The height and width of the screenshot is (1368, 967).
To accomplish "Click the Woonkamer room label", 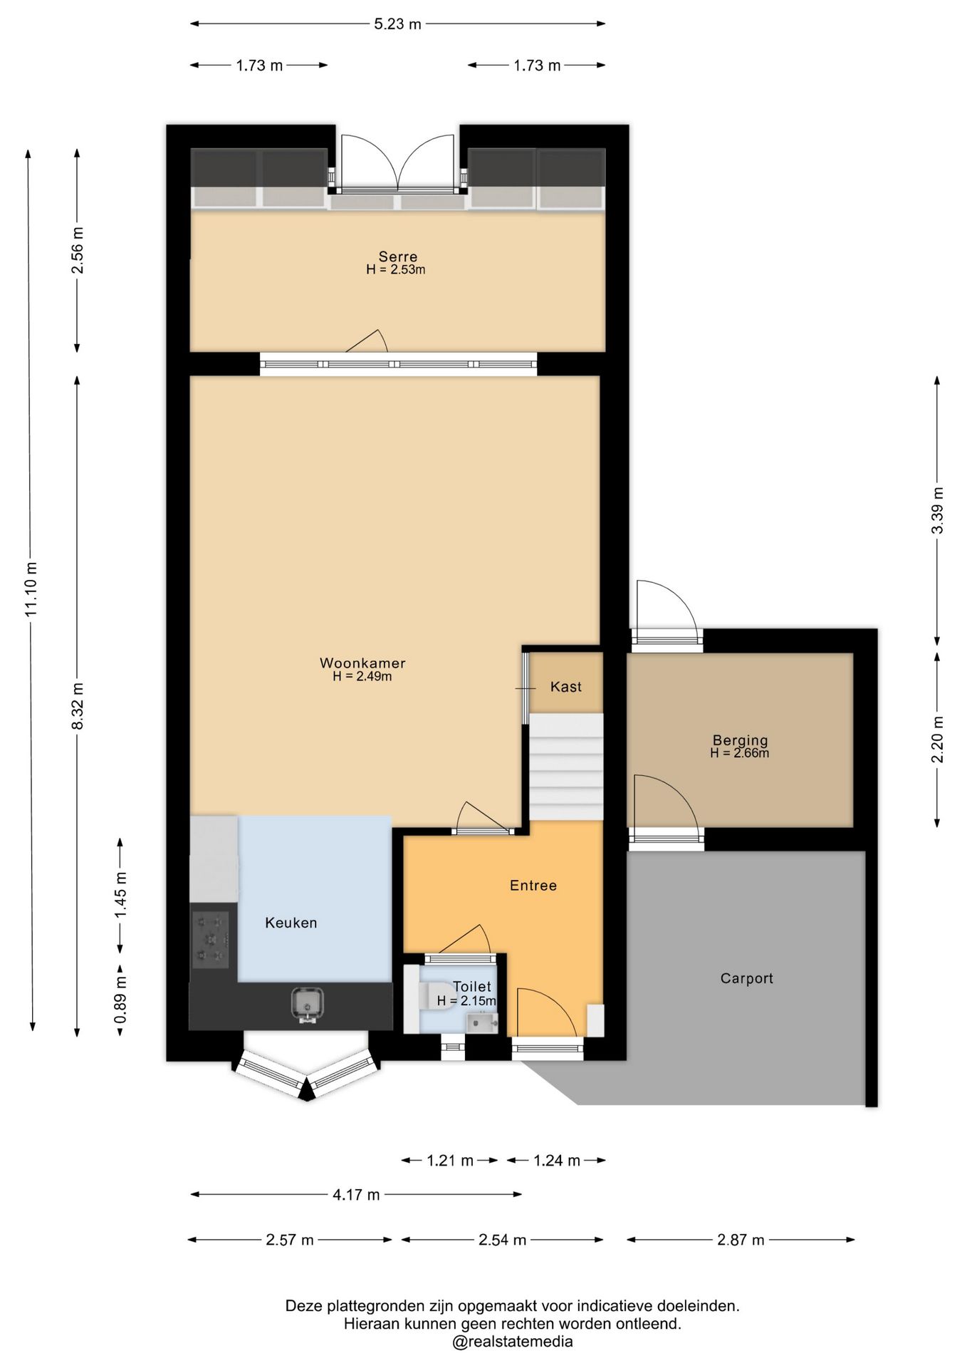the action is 362,663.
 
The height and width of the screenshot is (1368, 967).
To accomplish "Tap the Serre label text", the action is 398,256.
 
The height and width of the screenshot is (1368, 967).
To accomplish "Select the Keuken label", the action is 291,923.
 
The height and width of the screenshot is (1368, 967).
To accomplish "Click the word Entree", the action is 533,886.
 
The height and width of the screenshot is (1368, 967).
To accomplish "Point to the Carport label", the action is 746,979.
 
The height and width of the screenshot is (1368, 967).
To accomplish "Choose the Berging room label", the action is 740,740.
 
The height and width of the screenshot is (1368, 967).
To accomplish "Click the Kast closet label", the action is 566,687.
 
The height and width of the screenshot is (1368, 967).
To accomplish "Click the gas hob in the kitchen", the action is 211,940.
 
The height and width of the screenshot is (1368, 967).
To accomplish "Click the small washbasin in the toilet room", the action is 482,1024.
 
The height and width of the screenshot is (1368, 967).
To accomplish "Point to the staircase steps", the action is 566,767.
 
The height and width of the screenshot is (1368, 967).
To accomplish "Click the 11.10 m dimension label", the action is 31,589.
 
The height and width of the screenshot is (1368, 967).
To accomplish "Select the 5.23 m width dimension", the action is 397,24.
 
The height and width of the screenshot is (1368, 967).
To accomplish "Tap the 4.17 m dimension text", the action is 356,1195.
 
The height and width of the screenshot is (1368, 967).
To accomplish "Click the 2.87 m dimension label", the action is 741,1240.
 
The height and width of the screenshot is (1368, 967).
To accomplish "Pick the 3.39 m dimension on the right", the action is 938,510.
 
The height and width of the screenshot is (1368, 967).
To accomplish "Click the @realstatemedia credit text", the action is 512,1342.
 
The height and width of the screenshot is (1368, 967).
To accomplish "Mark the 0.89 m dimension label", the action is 120,1000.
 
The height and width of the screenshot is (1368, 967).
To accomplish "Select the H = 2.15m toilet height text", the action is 466,1000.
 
